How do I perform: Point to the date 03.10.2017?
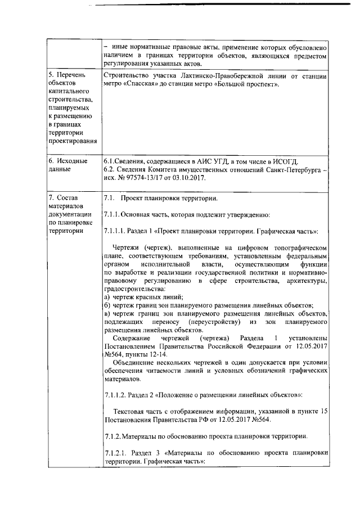click(x=188, y=178)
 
